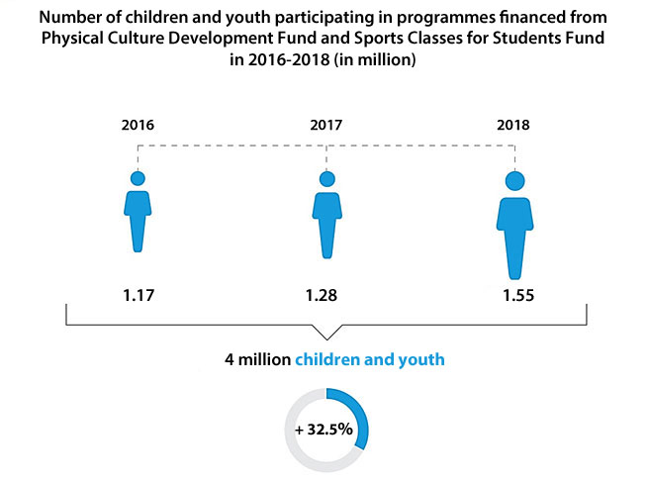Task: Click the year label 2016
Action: click(138, 126)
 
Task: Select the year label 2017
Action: click(325, 126)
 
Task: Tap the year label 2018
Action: click(513, 126)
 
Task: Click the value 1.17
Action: click(138, 295)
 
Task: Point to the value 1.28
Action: click(325, 295)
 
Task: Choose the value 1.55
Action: click(513, 295)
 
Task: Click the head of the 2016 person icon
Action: click(138, 179)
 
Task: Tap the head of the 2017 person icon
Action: click(325, 179)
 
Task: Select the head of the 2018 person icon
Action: click(513, 181)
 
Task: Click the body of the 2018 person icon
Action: click(513, 233)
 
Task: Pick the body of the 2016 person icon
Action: click(138, 218)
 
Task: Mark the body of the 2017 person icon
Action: click(325, 218)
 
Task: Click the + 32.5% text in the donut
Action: click(326, 431)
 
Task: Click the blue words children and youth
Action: click(370, 361)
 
